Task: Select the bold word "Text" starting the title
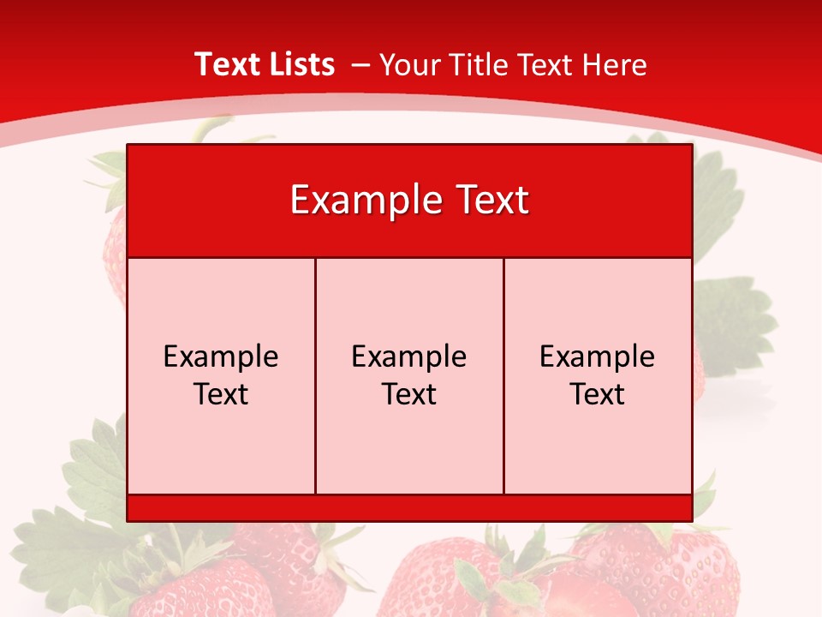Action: tap(227, 64)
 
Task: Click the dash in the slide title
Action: tap(360, 65)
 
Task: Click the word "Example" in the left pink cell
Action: tap(221, 356)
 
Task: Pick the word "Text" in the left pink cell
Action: tap(221, 394)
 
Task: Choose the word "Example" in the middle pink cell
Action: tap(409, 356)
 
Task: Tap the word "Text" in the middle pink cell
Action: tap(409, 394)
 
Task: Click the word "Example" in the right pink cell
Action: tap(598, 356)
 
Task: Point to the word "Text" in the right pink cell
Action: tap(598, 394)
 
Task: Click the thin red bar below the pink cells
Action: tap(409, 507)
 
